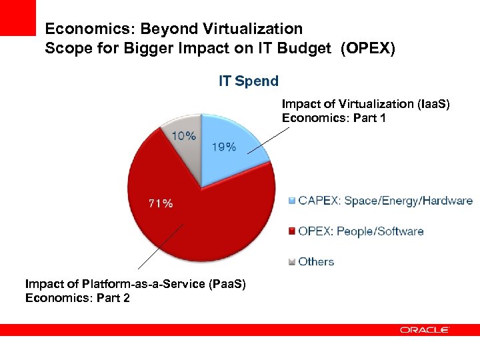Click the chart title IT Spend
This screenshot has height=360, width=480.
tap(249, 81)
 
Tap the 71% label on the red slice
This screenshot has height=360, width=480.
tap(160, 203)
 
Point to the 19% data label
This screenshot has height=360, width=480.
tap(223, 147)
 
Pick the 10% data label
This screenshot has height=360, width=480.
tap(185, 135)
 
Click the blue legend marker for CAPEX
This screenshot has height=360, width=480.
tap(292, 201)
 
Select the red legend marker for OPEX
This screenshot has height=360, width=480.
tap(292, 231)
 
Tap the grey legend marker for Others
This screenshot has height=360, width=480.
tap(292, 262)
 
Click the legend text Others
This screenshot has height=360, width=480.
tap(316, 262)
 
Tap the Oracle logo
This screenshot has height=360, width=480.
tap(425, 330)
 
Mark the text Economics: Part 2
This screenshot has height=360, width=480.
tap(77, 297)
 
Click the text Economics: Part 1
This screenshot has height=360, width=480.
tap(335, 118)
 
